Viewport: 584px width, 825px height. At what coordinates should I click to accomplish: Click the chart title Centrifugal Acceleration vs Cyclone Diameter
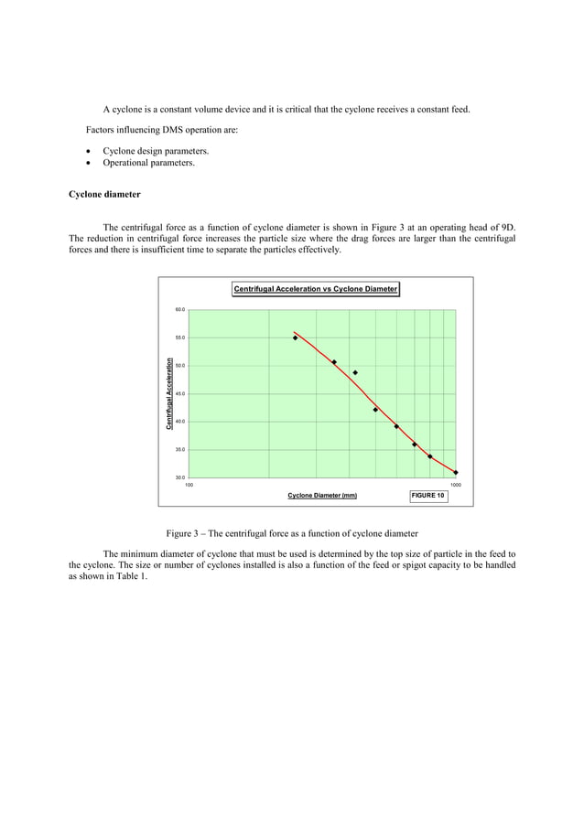(x=316, y=289)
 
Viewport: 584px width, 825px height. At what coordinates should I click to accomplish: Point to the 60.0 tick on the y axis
(x=180, y=310)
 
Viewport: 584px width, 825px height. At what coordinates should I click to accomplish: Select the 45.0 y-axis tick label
(x=180, y=394)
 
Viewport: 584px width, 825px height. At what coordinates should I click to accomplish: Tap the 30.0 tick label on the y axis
(x=180, y=477)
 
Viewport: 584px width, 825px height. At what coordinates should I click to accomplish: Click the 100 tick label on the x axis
(x=189, y=485)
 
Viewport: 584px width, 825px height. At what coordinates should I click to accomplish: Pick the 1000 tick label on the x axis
(x=455, y=485)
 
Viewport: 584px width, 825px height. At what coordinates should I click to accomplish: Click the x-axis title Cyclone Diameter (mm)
(x=322, y=496)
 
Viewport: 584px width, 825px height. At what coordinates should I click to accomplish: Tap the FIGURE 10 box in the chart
(x=427, y=496)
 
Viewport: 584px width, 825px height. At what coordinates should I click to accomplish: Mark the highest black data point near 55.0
(x=295, y=338)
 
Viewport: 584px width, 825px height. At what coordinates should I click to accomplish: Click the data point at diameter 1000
(x=456, y=473)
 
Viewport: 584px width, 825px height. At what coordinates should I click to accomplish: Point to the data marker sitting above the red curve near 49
(x=355, y=373)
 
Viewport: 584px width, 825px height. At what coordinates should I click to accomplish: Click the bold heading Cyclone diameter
(x=104, y=195)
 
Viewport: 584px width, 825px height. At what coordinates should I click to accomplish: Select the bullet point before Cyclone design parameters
(x=87, y=151)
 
